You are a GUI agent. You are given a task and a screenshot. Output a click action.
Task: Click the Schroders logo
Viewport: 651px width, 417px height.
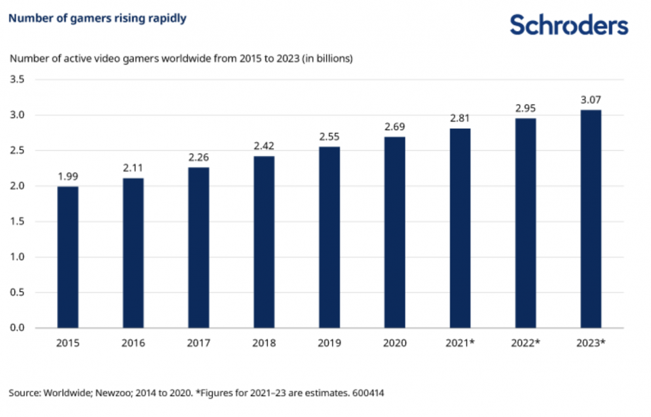click(x=569, y=25)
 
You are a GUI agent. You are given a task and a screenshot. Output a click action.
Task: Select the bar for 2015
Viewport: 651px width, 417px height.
click(x=68, y=257)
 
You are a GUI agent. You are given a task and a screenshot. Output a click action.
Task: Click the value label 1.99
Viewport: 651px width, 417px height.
click(x=68, y=177)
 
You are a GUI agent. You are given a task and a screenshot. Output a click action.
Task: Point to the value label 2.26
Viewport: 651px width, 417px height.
click(x=199, y=158)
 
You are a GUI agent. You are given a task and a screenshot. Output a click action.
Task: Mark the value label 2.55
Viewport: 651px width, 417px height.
click(x=330, y=137)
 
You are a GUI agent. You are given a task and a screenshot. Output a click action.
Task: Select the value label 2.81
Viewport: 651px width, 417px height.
click(x=460, y=119)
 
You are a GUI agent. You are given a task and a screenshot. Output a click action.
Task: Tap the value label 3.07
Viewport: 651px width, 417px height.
click(x=591, y=100)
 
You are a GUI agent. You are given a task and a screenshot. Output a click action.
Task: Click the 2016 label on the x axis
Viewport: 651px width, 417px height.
click(x=133, y=343)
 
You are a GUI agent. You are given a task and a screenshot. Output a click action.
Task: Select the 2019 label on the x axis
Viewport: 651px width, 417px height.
click(x=330, y=343)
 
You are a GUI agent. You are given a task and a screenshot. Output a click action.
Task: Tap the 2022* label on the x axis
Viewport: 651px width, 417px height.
click(x=526, y=343)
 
